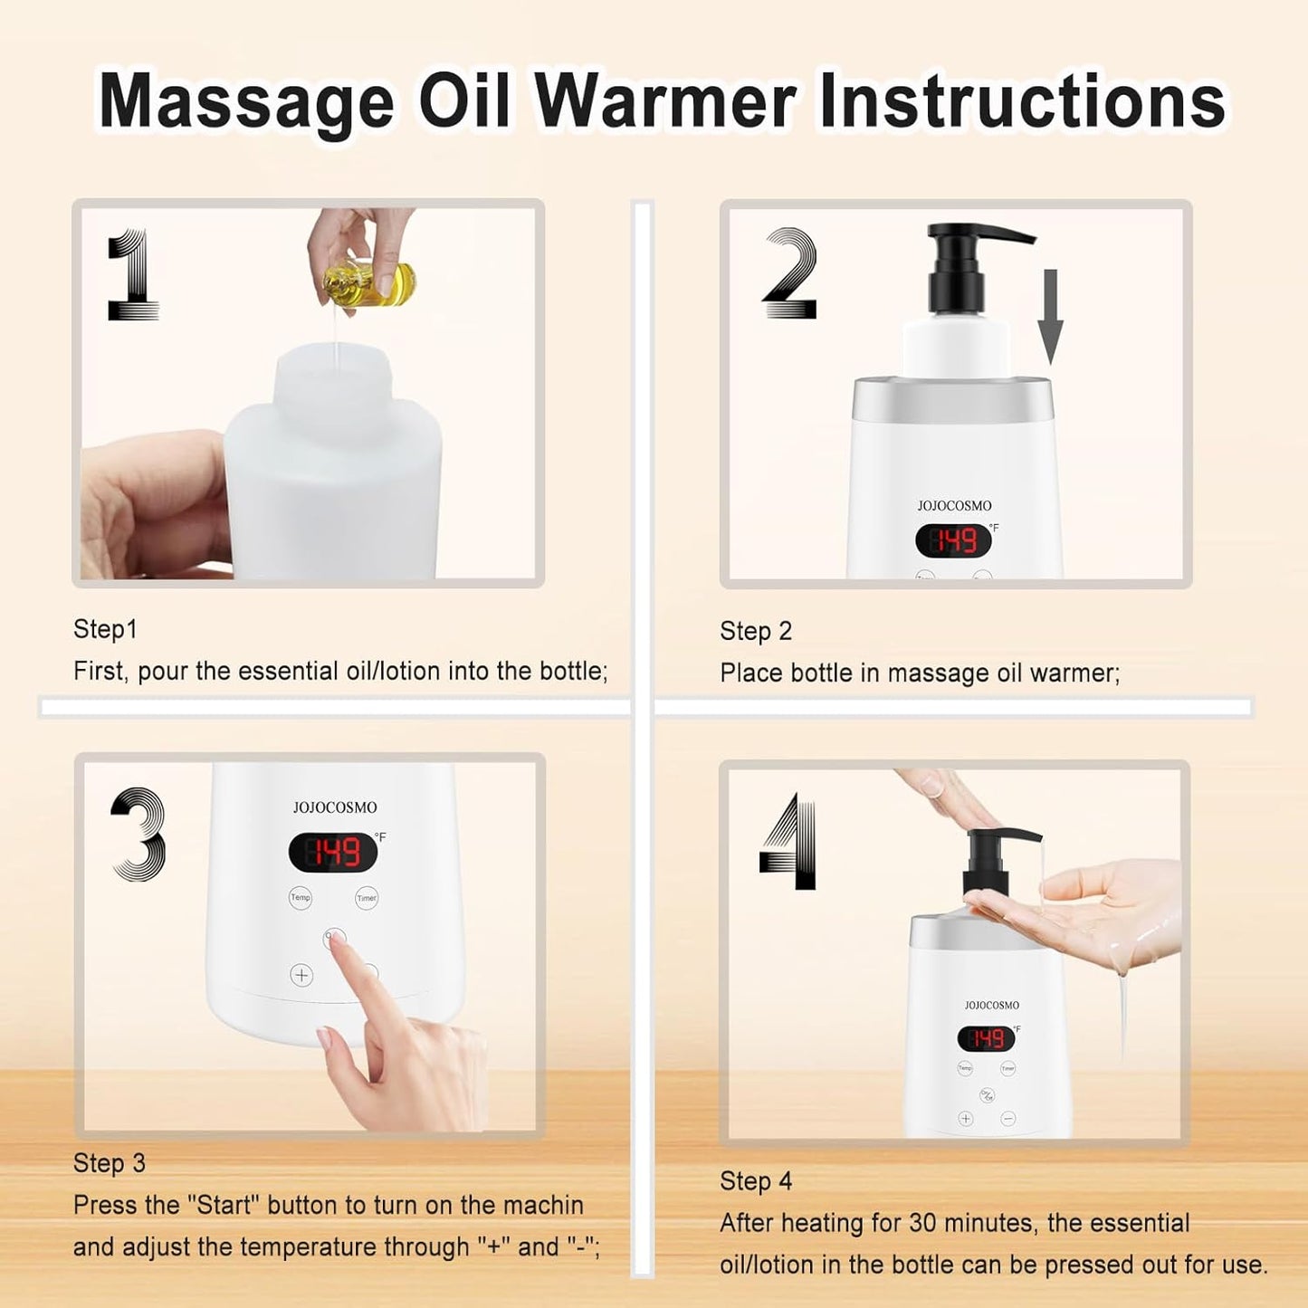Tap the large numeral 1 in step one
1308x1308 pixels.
tap(133, 275)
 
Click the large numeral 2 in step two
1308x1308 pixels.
tap(790, 273)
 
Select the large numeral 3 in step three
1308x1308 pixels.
tap(139, 834)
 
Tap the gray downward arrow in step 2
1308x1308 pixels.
tap(1049, 317)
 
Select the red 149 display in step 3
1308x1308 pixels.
tap(332, 852)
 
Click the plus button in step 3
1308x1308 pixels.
tap(301, 975)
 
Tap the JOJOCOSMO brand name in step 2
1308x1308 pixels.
tap(954, 506)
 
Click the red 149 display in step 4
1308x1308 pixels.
tap(986, 1038)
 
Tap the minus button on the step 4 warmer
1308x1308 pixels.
tap(1008, 1119)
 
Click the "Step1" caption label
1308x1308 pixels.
tap(105, 629)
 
